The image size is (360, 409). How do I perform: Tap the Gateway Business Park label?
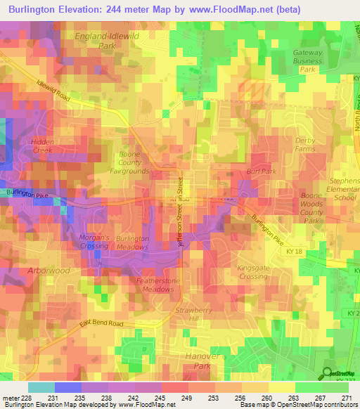(308, 61)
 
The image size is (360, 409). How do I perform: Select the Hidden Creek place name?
(42, 145)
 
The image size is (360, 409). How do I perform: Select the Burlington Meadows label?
(132, 242)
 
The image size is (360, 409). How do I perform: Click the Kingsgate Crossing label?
(257, 272)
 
